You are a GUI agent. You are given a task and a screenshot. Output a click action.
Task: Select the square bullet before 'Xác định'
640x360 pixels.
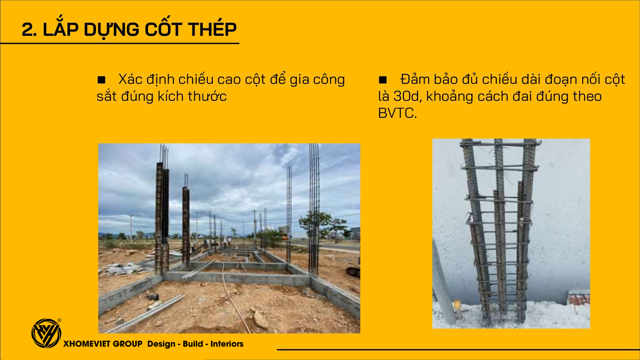click(101, 80)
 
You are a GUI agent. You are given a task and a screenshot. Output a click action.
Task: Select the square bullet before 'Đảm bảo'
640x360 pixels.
click(383, 80)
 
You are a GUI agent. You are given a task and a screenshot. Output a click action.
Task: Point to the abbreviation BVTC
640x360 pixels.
click(397, 113)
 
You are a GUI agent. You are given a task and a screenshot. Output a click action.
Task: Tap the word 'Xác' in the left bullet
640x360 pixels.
click(130, 79)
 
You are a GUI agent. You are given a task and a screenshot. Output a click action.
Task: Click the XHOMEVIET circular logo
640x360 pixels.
click(46, 333)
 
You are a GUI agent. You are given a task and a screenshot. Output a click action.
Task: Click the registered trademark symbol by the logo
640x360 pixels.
click(60, 320)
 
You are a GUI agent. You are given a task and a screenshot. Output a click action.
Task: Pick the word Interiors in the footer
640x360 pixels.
click(227, 344)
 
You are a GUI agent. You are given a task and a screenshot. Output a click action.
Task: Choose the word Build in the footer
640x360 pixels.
click(193, 344)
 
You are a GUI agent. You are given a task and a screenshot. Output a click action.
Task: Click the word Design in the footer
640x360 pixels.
click(161, 344)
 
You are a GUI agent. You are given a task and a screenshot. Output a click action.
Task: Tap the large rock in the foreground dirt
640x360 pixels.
click(261, 320)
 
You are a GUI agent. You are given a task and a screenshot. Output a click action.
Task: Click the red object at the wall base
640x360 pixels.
click(579, 298)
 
